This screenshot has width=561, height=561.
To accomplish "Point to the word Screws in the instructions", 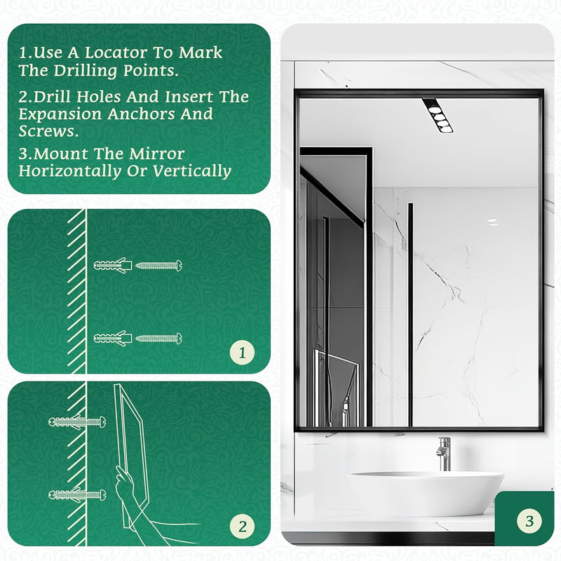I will [46, 132].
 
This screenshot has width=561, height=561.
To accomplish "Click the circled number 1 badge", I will [243, 353].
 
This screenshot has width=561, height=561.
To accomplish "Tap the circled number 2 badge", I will [243, 525].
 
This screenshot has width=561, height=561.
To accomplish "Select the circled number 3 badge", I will [529, 521].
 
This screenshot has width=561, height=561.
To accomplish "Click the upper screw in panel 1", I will [159, 266].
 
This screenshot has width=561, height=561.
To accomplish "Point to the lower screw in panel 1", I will [159, 338].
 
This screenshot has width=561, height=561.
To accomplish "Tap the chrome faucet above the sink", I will [443, 454].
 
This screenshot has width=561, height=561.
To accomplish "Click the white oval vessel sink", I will [426, 492].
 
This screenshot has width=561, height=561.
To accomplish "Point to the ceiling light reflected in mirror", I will [437, 115].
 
